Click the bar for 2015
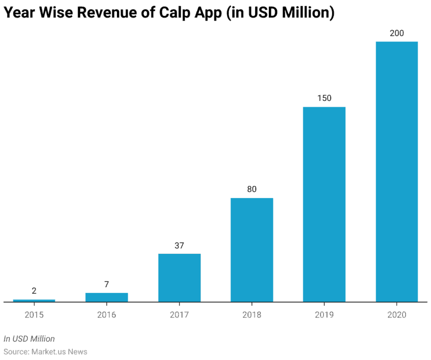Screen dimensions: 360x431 click(x=34, y=301)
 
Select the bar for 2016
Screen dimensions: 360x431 click(x=106, y=297)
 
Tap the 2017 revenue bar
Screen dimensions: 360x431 click(x=179, y=277)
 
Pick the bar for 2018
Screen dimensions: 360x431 click(x=251, y=250)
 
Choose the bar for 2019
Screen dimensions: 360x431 click(x=324, y=204)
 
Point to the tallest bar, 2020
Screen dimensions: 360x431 click(x=397, y=171)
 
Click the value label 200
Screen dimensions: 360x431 click(x=397, y=33)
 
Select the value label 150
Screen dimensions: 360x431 click(x=324, y=98)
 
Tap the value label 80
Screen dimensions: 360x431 click(x=251, y=189)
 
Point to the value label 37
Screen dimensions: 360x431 click(x=179, y=245)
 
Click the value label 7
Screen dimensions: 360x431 click(x=106, y=285)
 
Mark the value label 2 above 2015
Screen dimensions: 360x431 click(x=34, y=291)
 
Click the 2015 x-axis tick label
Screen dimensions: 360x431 click(x=34, y=314)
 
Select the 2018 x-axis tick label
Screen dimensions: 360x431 click(x=251, y=314)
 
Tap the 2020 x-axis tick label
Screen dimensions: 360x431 click(x=397, y=314)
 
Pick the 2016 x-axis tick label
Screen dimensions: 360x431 click(x=106, y=314)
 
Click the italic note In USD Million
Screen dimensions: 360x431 click(x=29, y=338)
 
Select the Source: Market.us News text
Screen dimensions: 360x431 click(x=45, y=352)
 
